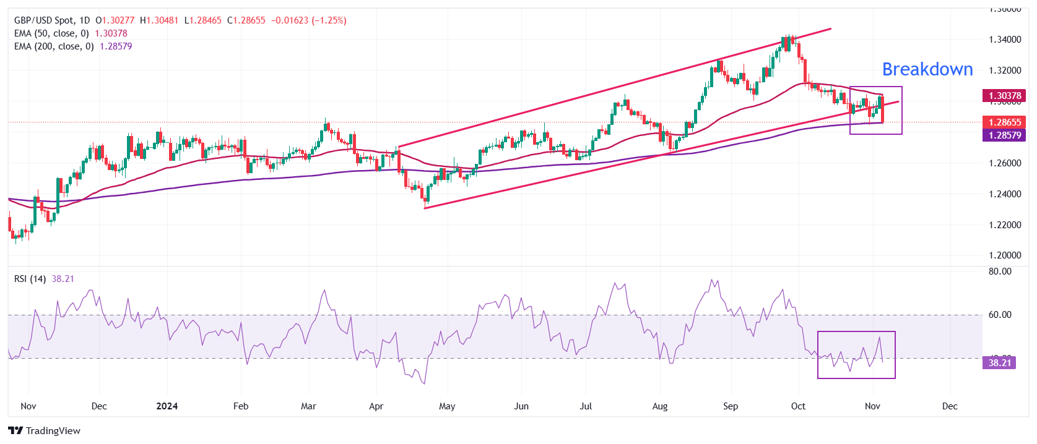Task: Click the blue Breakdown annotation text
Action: click(x=927, y=69)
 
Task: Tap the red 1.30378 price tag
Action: click(x=1004, y=96)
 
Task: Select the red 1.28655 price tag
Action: click(x=1004, y=122)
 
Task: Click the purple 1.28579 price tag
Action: click(x=1004, y=135)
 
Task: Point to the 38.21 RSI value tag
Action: click(x=999, y=363)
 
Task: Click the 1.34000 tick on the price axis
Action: click(x=1005, y=40)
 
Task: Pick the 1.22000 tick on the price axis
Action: click(x=1005, y=225)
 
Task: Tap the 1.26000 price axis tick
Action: click(x=1005, y=163)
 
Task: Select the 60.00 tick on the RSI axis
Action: click(x=1000, y=315)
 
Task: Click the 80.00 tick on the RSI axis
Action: click(x=1000, y=271)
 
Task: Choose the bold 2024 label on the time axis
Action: click(x=167, y=406)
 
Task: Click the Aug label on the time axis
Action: click(x=660, y=406)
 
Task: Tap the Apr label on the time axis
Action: click(x=376, y=406)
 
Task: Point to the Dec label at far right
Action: click(x=949, y=406)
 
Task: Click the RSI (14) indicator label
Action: click(x=30, y=279)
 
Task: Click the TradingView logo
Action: click(x=45, y=431)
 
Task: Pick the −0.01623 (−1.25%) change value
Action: click(x=308, y=20)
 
